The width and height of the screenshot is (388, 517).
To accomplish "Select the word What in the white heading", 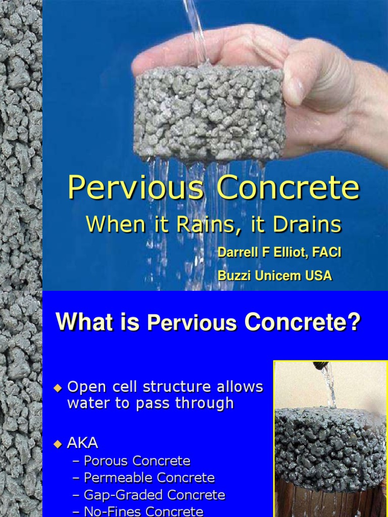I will click(79, 322).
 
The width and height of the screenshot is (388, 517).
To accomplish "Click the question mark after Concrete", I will click(354, 322).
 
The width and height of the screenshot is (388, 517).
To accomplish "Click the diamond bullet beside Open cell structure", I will click(58, 388).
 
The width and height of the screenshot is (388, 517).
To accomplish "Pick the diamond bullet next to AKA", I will click(58, 444).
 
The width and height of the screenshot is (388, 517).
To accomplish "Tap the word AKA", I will click(83, 444).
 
